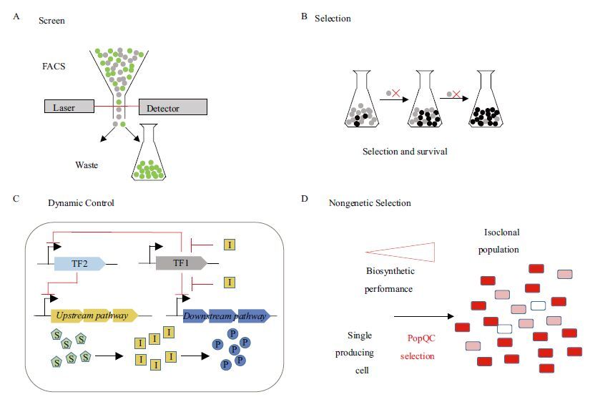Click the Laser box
pyautogui.click(x=69, y=108)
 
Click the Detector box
pyautogui.click(x=172, y=107)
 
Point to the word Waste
pyautogui.click(x=87, y=165)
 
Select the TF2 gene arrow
pyautogui.click(x=79, y=263)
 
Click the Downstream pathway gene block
pyautogui.click(x=226, y=315)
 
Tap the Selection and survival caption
pyautogui.click(x=405, y=152)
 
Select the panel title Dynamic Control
pyautogui.click(x=81, y=203)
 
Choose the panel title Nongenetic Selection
pyautogui.click(x=369, y=203)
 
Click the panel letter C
pyautogui.click(x=16, y=198)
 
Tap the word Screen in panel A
pyautogui.click(x=51, y=21)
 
